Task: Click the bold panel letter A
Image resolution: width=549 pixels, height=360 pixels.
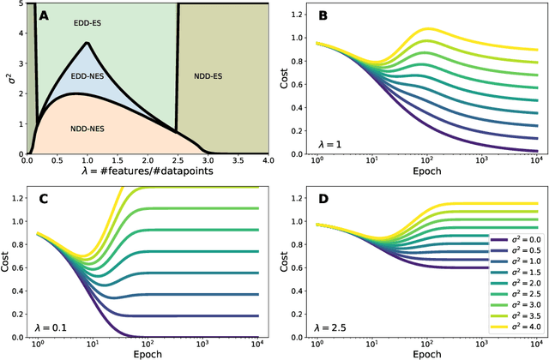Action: (x=43, y=15)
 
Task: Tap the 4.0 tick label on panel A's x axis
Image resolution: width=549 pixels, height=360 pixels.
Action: (x=267, y=162)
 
